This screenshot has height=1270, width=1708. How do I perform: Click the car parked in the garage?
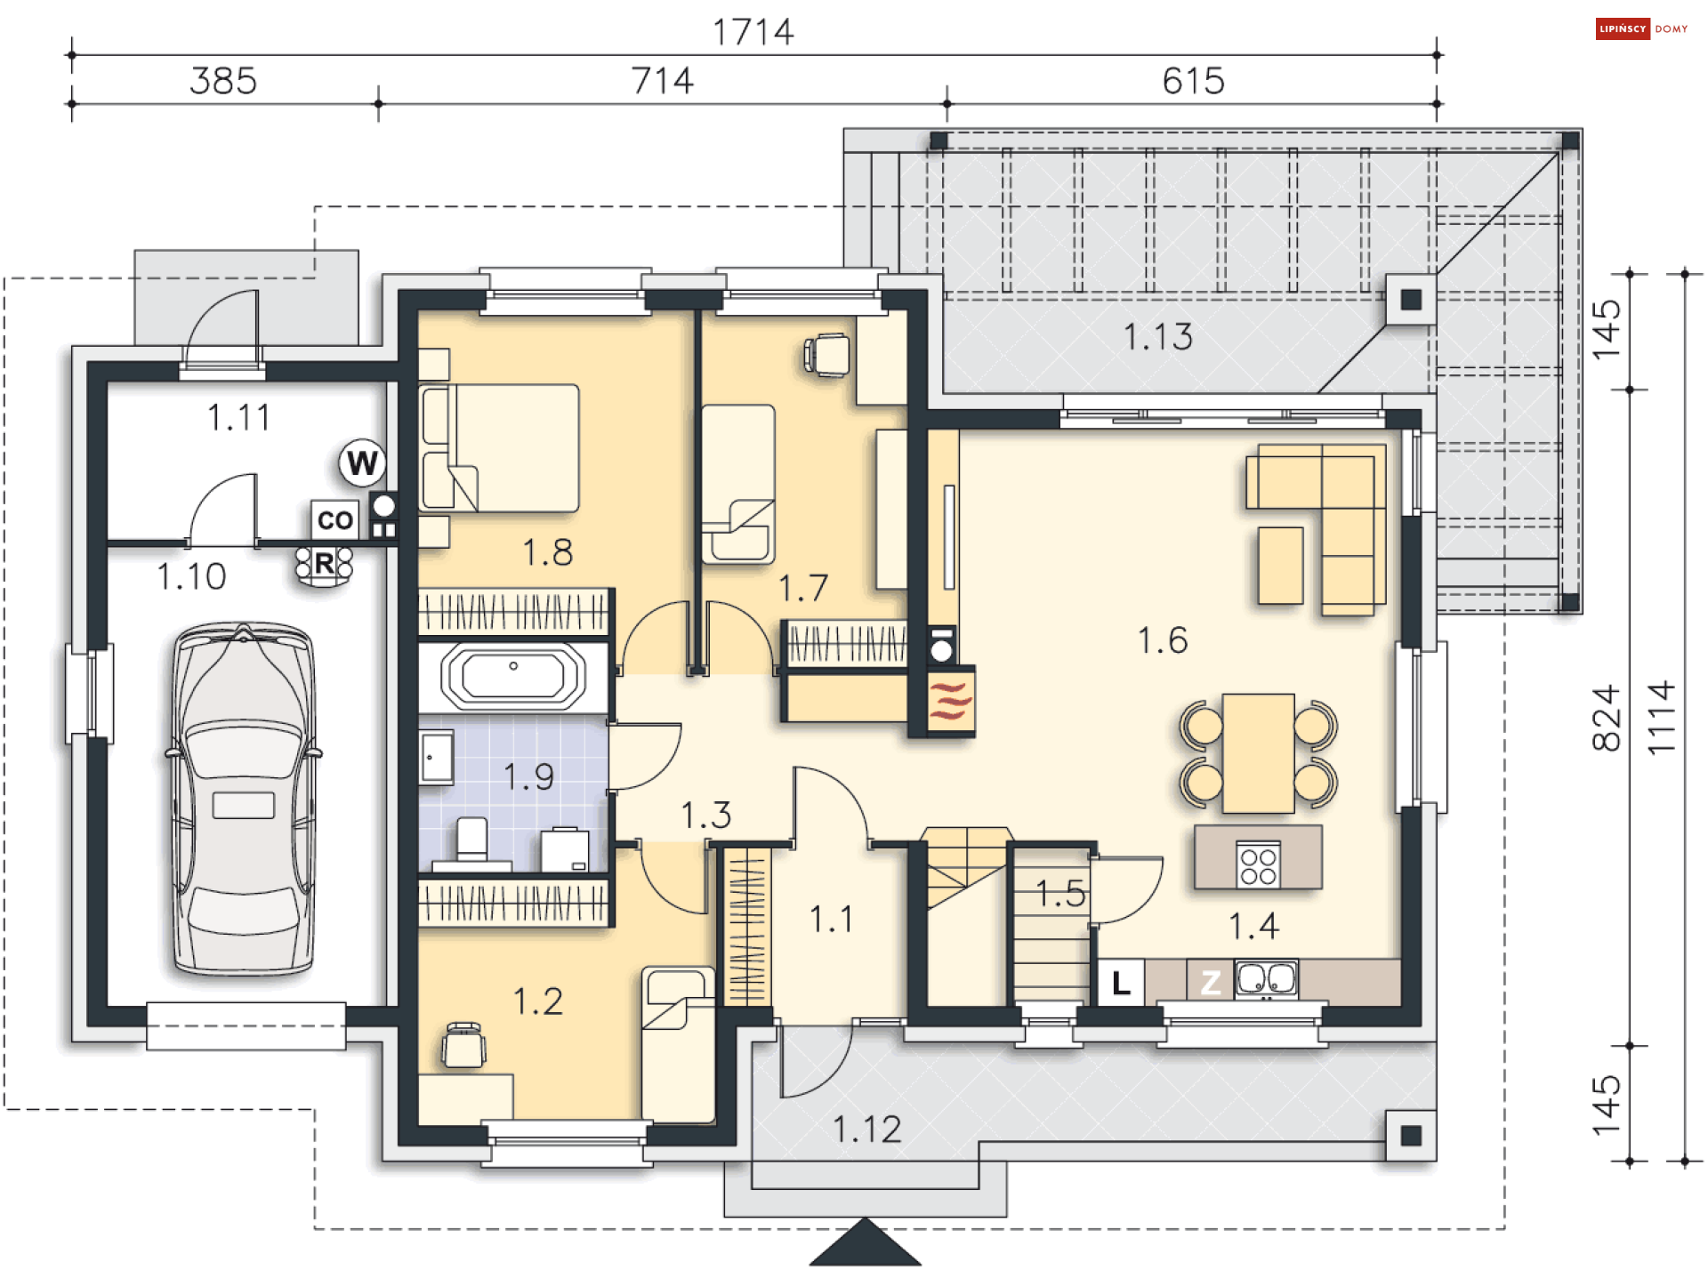(243, 799)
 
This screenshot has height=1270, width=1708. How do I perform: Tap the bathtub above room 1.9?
(513, 677)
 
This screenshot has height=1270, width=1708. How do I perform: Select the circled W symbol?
(362, 462)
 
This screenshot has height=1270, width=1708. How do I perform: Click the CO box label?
(334, 519)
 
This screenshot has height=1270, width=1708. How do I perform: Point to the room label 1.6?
(1163, 640)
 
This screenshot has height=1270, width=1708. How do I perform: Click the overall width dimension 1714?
(753, 32)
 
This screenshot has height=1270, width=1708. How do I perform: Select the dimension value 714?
(662, 81)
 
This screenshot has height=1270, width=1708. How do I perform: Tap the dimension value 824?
(1607, 718)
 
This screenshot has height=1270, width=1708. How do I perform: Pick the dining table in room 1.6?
(1258, 753)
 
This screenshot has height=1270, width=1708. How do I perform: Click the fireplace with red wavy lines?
(950, 700)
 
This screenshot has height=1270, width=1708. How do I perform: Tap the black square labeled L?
(1121, 983)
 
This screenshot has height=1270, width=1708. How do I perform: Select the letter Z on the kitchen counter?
(1211, 983)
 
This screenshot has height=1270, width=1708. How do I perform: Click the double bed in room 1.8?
(499, 447)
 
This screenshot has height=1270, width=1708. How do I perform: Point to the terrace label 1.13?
(1157, 337)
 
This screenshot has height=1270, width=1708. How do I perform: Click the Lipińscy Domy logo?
(1642, 28)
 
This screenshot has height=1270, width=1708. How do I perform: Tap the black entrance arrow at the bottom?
(865, 1242)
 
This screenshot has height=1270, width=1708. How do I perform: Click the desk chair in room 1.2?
(463, 1045)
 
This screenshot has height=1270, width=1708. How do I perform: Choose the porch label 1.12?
(866, 1129)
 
